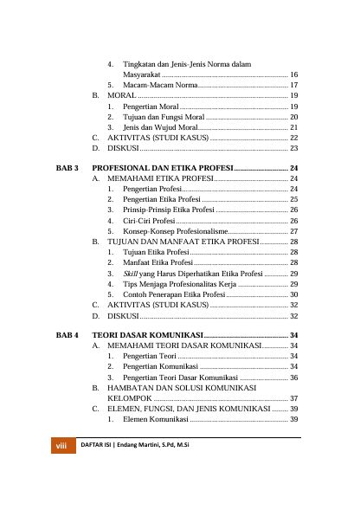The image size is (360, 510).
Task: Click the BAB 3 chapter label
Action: point(67,166)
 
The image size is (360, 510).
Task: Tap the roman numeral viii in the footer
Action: point(61,445)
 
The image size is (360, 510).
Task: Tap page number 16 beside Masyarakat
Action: point(294,75)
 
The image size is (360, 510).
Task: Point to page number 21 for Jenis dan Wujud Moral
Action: point(294,126)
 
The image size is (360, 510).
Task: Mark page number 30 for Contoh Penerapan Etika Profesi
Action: point(294,294)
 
